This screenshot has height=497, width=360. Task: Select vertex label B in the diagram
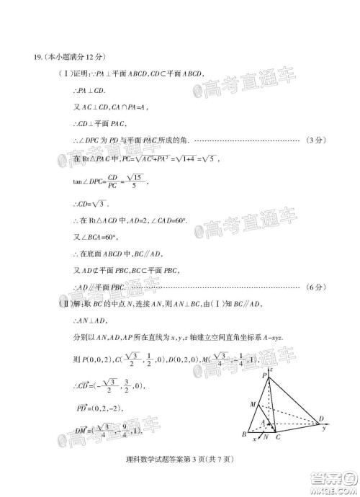pyautogui.click(x=244, y=436)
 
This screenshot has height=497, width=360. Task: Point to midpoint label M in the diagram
pyautogui.click(x=252, y=404)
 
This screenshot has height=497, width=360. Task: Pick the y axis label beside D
pyautogui.click(x=325, y=429)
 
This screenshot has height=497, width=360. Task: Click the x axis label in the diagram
pyautogui.click(x=253, y=439)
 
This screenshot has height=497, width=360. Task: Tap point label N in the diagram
pyautogui.click(x=266, y=437)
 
